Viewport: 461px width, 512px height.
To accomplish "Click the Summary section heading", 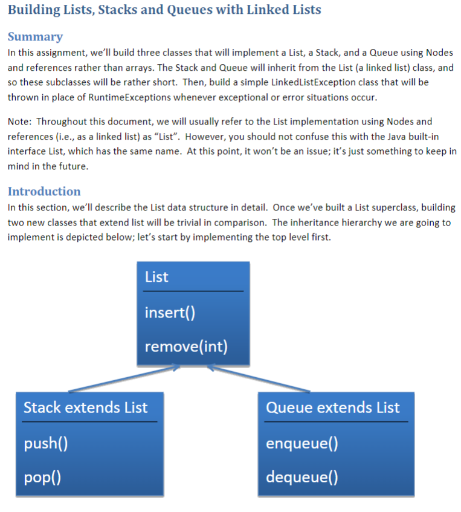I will [x=35, y=37].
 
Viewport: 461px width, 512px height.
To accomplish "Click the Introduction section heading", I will [x=44, y=192].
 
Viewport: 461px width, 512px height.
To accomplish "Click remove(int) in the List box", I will [x=186, y=346].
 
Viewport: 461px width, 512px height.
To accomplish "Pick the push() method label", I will [x=45, y=444].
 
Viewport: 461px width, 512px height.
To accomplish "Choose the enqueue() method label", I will [x=301, y=444].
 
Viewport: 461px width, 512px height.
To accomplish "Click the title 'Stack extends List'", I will [x=85, y=407].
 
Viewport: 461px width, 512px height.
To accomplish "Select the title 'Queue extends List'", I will [x=333, y=407].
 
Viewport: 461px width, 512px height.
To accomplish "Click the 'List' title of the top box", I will [x=156, y=277].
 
